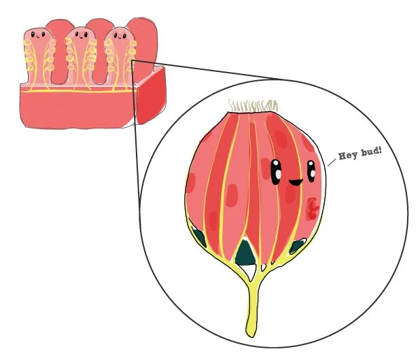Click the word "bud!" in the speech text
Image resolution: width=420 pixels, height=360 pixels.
[x=371, y=148]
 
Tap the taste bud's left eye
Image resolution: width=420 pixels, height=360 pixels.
[x=277, y=170]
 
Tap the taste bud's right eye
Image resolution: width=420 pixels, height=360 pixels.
[x=310, y=170]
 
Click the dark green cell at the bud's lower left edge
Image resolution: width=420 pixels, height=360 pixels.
[x=199, y=237]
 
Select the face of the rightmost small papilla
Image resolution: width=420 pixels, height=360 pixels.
[x=120, y=37]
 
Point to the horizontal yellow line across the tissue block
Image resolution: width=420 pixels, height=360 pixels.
[x=75, y=90]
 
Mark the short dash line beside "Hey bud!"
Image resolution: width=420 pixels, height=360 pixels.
[x=332, y=161]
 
